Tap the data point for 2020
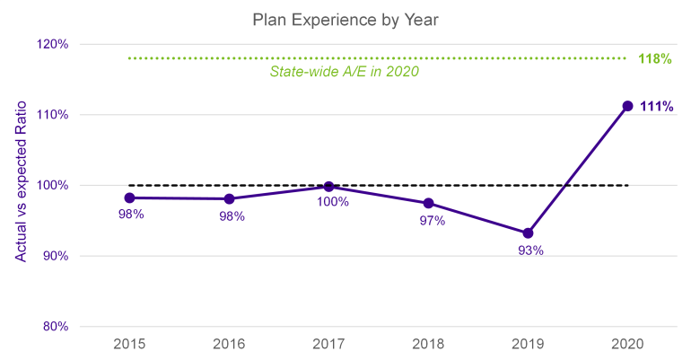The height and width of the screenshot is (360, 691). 627,106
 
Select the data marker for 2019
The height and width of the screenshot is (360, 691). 528,233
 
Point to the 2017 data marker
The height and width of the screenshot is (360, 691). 328,187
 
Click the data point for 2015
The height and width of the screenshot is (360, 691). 129,198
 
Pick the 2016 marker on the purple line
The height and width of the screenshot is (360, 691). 229,198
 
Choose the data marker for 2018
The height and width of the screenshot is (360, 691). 428,203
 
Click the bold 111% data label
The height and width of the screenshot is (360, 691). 656,106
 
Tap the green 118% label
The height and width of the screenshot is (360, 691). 656,58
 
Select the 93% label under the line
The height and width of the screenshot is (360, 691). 529,251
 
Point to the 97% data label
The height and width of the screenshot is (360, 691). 432,221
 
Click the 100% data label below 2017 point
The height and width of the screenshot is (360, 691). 331,203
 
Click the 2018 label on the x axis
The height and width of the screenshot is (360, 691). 428,345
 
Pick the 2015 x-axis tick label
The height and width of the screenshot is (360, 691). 129,345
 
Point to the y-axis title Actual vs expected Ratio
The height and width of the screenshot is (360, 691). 20,184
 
